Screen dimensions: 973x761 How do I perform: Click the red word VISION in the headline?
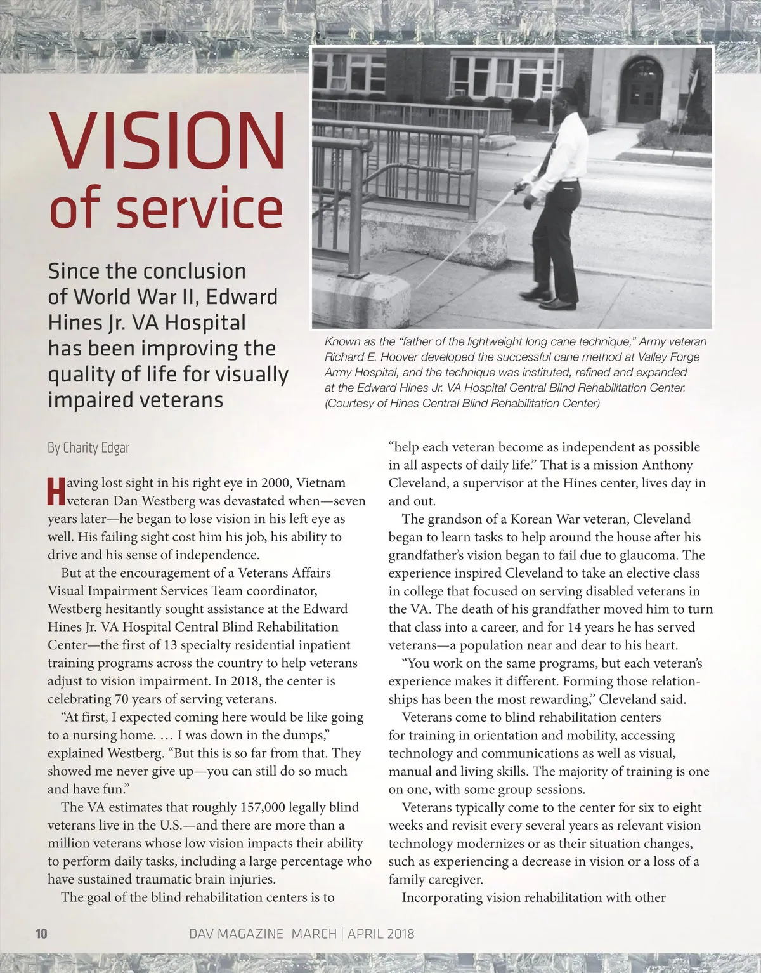(167, 141)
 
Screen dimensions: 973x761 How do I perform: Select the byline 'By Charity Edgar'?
(88, 448)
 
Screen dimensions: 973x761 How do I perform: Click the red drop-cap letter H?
(56, 493)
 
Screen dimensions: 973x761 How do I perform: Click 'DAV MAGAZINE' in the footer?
(237, 934)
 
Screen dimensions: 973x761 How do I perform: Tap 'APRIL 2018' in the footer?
(381, 934)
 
